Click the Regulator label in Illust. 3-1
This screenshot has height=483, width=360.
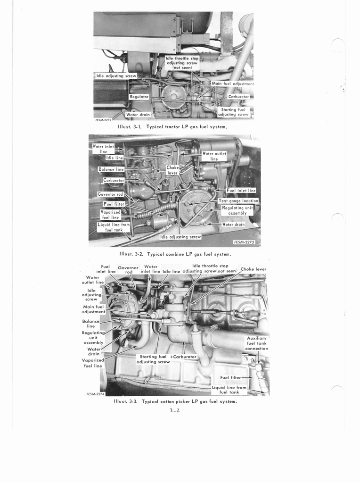(x=139, y=97)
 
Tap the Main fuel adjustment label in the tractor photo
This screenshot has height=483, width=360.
(x=233, y=83)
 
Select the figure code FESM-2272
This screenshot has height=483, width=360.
(x=103, y=120)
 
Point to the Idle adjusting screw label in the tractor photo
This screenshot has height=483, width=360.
(x=116, y=76)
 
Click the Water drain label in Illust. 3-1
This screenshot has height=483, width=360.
(x=138, y=115)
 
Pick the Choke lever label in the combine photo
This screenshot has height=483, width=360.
(x=172, y=170)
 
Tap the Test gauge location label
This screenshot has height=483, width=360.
(x=238, y=201)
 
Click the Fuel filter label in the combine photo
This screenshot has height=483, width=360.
(x=114, y=204)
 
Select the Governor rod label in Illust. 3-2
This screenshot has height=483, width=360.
(x=110, y=194)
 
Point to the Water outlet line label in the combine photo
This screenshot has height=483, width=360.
(x=214, y=156)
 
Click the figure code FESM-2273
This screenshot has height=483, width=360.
(x=244, y=242)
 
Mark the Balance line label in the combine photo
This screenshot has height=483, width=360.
(x=111, y=169)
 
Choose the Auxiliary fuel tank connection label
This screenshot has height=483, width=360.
(x=257, y=343)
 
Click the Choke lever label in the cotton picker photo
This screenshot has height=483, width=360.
(x=253, y=269)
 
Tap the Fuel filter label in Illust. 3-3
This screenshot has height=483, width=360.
(x=230, y=377)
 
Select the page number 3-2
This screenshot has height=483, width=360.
(x=174, y=410)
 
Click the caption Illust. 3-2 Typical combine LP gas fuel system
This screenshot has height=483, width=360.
(x=175, y=254)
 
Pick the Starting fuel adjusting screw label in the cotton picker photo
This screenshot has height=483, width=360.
(x=153, y=359)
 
